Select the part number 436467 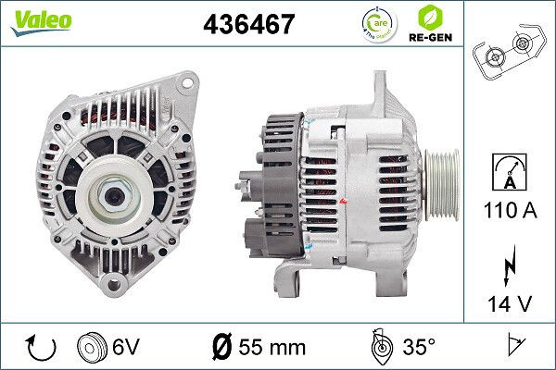pos(248,25)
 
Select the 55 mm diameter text pos(271,347)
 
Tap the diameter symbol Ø pos(222,347)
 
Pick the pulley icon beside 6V pos(94,347)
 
